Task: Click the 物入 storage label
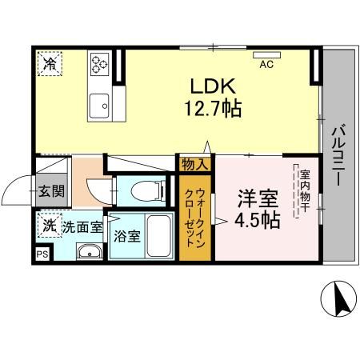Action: click(x=195, y=165)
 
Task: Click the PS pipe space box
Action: click(x=42, y=255)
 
